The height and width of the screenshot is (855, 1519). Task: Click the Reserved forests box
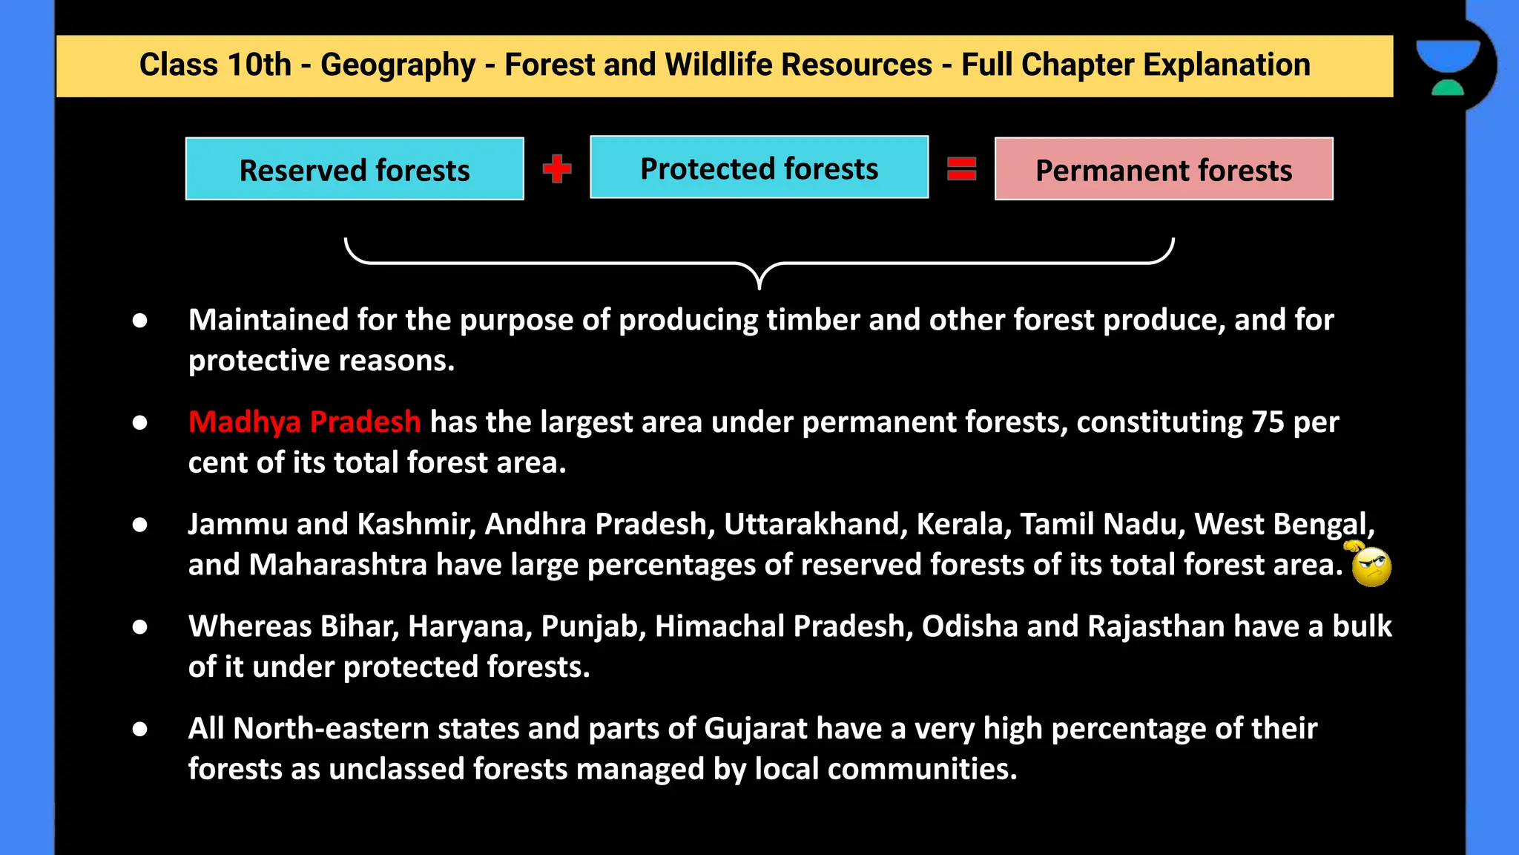(355, 169)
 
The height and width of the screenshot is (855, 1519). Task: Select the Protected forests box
(759, 168)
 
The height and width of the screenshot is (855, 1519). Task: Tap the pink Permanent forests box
(1163, 169)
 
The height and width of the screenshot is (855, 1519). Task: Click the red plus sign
(557, 168)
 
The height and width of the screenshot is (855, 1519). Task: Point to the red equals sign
(961, 168)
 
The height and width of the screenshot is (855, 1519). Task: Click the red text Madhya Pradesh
(304, 422)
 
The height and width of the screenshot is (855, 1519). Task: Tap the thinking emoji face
(1371, 566)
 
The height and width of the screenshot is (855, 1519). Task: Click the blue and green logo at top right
(1448, 67)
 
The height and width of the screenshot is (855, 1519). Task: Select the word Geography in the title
(398, 65)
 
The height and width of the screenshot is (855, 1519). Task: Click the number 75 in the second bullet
(1268, 422)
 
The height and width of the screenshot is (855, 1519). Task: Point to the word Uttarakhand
(815, 524)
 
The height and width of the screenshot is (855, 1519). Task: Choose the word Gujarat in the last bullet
(755, 729)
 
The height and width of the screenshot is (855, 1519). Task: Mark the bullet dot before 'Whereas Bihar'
(140, 627)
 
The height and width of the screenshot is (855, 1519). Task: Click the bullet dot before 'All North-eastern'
(140, 729)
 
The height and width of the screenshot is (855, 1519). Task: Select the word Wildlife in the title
(719, 65)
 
